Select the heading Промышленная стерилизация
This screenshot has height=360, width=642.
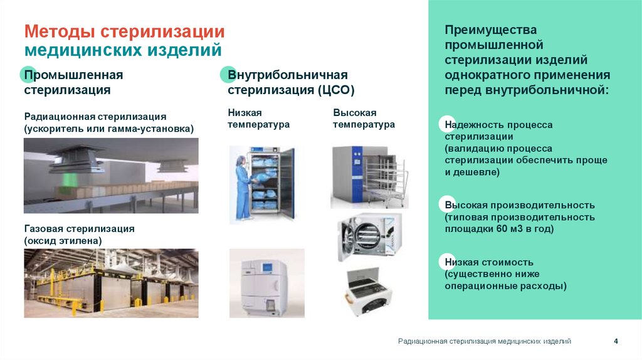[73, 82]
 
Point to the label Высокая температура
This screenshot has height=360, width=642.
[364, 118]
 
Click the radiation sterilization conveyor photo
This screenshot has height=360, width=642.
[111, 175]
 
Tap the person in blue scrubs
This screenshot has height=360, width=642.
[242, 186]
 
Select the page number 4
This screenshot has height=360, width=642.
[616, 341]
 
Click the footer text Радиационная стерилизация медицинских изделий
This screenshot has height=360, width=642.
[484, 341]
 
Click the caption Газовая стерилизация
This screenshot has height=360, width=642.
[79, 229]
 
